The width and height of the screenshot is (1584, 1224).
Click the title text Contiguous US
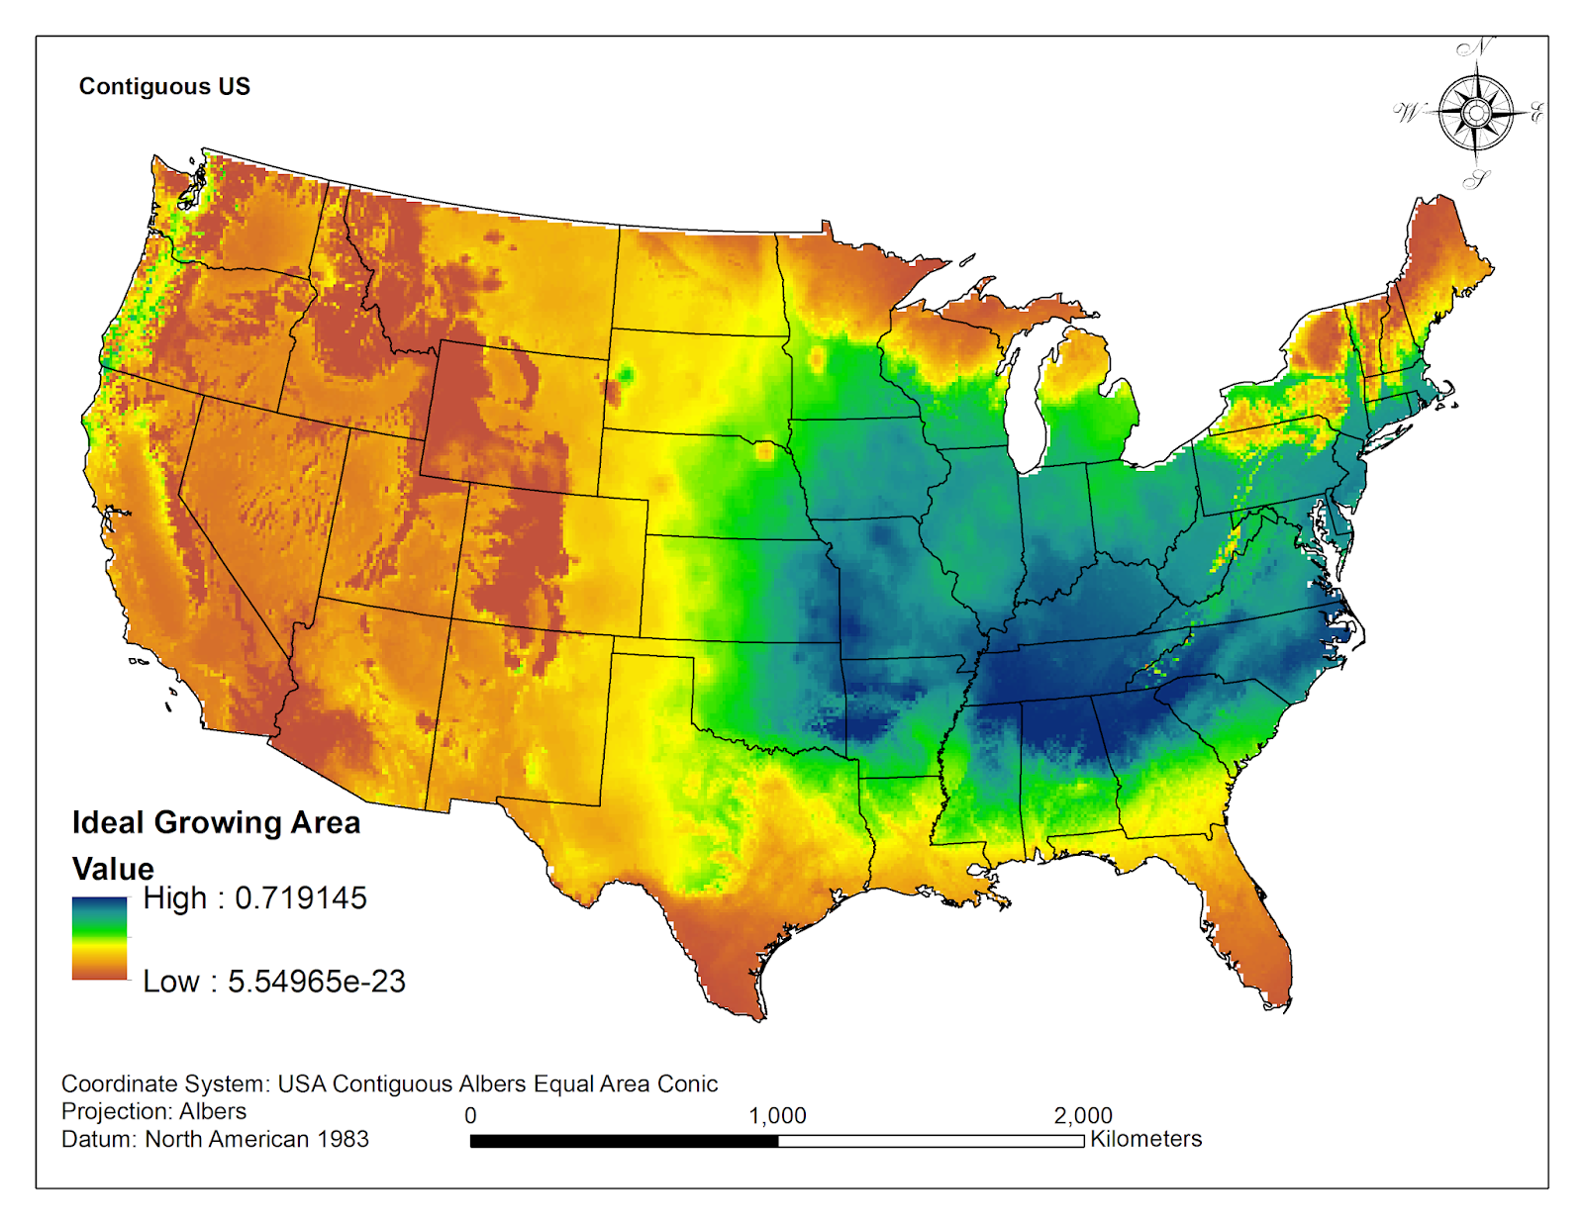pyautogui.click(x=164, y=86)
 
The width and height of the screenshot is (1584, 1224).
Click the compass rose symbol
pyautogui.click(x=1475, y=114)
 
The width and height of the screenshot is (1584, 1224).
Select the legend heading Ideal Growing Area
pyautogui.click(x=216, y=822)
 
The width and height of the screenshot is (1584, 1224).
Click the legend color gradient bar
pyautogui.click(x=99, y=938)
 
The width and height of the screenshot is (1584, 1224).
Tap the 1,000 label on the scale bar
pyautogui.click(x=777, y=1116)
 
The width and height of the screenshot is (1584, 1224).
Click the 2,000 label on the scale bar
pyautogui.click(x=1082, y=1116)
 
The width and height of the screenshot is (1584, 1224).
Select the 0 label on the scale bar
pyautogui.click(x=470, y=1116)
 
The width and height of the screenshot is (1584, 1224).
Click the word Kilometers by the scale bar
pyautogui.click(x=1145, y=1139)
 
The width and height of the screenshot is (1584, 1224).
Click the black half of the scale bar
pyautogui.click(x=624, y=1141)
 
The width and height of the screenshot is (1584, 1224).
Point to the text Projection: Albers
pyautogui.click(x=153, y=1111)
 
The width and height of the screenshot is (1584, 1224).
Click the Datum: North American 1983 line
pyautogui.click(x=215, y=1139)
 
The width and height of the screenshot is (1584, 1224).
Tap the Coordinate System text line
pyautogui.click(x=389, y=1083)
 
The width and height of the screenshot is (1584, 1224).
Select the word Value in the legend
pyautogui.click(x=113, y=869)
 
